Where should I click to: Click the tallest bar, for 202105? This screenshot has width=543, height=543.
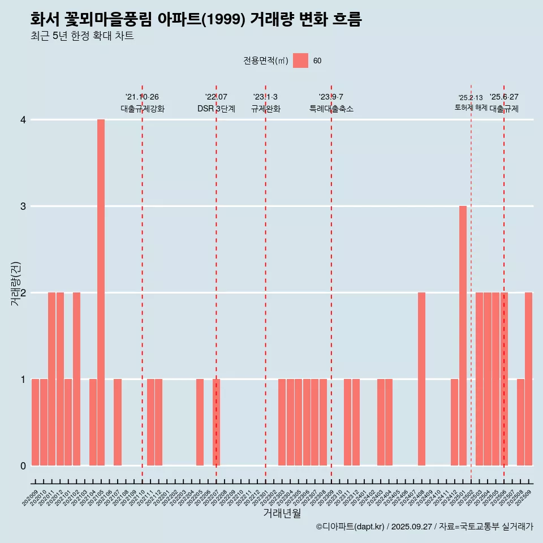(x=101, y=292)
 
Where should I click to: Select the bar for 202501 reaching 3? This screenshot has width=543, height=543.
(x=463, y=335)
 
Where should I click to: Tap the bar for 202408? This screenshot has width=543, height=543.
(x=421, y=379)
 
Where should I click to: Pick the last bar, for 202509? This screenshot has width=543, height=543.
(x=528, y=379)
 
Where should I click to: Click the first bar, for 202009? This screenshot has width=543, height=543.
(x=35, y=422)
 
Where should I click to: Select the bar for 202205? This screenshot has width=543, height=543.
(x=200, y=422)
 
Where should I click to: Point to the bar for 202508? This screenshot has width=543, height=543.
(x=520, y=422)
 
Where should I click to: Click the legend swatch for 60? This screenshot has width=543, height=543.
(x=300, y=61)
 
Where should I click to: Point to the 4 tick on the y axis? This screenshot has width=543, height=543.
(x=23, y=120)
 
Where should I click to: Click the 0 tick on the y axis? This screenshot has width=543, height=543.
(x=23, y=466)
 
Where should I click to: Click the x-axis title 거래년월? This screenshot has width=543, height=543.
(x=282, y=514)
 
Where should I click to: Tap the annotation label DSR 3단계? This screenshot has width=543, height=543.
(x=216, y=109)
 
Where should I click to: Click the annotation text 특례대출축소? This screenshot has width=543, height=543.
(x=331, y=109)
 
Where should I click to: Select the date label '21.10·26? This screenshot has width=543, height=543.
(x=142, y=97)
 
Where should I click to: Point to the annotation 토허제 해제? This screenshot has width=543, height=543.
(x=471, y=107)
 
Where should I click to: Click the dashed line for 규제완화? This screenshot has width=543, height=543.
(x=265, y=283)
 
